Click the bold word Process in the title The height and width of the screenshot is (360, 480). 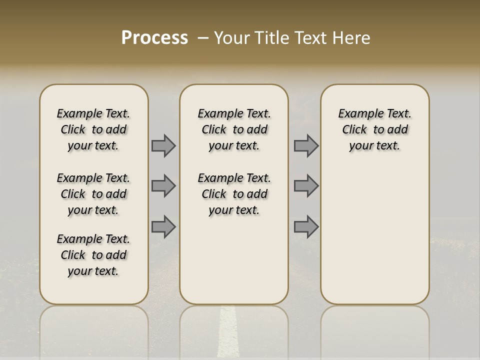point(154,38)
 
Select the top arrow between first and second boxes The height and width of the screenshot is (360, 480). point(163,145)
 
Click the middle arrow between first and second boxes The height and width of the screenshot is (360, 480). point(163,186)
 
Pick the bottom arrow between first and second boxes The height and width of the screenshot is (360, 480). point(163,226)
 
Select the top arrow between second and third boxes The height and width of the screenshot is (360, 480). point(306,145)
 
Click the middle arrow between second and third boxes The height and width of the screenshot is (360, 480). point(306,186)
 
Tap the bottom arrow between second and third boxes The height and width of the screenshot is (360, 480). point(306,226)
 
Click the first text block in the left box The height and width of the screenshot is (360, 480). point(93,129)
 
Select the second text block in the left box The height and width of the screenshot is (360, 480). point(93,194)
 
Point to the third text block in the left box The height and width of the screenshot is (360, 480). point(93,255)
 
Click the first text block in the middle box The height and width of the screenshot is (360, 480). point(234,129)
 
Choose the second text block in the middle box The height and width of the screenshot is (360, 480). point(234,194)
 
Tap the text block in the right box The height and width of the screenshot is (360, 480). point(374,129)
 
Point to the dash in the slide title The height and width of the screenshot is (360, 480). point(203,38)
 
